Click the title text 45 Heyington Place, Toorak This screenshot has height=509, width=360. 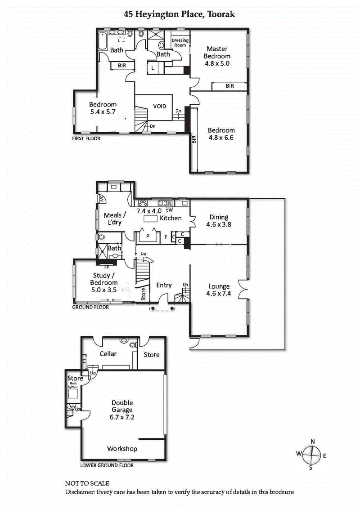[x=180, y=14]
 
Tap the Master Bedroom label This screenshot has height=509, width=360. [x=217, y=53]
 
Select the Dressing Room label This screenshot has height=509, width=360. [x=180, y=43]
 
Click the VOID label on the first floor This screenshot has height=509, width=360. [x=160, y=107]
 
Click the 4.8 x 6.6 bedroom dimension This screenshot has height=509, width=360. [x=221, y=138]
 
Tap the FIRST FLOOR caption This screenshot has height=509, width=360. [x=86, y=138]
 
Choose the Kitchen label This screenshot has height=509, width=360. [x=171, y=218]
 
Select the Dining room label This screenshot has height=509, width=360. [x=219, y=217]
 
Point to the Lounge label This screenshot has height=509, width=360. [x=219, y=286]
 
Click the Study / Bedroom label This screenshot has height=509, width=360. [x=104, y=279]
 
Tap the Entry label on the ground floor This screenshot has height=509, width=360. [x=164, y=285]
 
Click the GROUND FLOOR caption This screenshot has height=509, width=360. [x=90, y=308]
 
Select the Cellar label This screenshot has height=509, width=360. [x=108, y=354]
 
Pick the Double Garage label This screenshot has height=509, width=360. [x=122, y=406]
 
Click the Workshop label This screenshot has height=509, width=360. [x=122, y=449]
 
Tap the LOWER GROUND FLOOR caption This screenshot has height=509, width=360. [x=107, y=465]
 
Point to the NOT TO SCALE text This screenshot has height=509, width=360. [x=87, y=483]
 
